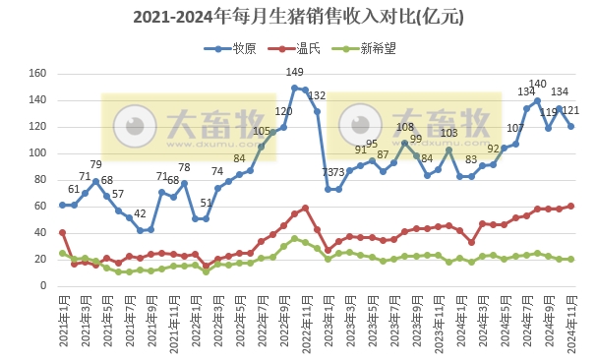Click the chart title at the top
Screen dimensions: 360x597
[x=298, y=18]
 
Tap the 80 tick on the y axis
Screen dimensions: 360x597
[x=39, y=179]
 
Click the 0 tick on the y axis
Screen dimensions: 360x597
[x=42, y=285]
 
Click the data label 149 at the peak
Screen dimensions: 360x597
[x=294, y=73]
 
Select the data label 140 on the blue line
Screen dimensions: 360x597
[x=538, y=85]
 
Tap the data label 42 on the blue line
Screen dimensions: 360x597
[x=140, y=214]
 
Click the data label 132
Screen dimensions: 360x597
[x=317, y=95]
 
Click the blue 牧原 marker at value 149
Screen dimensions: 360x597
[x=294, y=89]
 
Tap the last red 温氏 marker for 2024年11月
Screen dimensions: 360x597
[x=571, y=206]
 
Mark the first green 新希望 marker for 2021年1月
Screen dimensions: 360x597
[x=62, y=253]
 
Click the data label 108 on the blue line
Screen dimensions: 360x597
[x=405, y=128]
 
